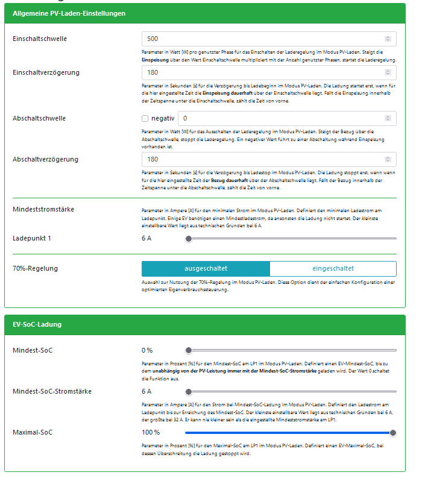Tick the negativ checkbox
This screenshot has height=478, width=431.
click(145, 119)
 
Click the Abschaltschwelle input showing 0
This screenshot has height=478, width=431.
click(283, 119)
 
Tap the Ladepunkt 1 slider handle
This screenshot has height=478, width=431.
click(189, 239)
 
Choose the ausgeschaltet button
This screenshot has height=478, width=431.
click(206, 268)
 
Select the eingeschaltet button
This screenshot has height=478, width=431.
click(333, 268)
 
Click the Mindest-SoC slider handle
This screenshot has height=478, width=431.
click(189, 350)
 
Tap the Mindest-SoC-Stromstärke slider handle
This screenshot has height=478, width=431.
click(189, 391)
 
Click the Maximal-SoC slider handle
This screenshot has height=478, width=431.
click(393, 432)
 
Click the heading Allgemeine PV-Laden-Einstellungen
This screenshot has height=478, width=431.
click(69, 13)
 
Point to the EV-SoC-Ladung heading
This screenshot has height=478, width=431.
click(37, 325)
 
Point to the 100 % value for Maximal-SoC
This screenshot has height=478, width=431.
click(151, 432)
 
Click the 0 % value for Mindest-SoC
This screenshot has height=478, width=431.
click(147, 350)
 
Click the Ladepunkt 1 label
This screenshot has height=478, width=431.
click(32, 239)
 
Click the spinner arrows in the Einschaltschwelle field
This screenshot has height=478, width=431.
click(388, 39)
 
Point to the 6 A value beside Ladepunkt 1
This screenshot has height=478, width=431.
click(146, 239)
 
